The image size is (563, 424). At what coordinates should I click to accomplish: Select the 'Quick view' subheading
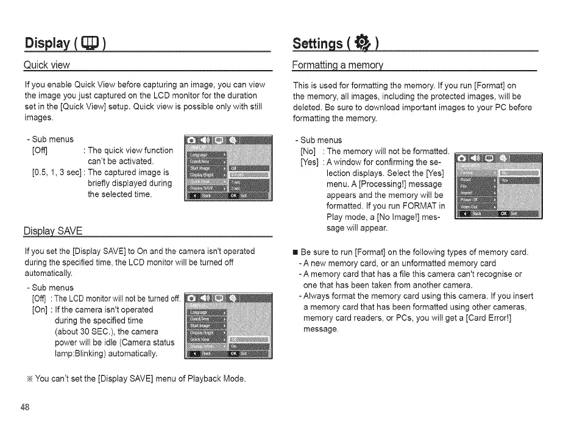point(46,65)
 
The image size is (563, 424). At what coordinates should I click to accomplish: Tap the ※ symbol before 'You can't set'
point(29,379)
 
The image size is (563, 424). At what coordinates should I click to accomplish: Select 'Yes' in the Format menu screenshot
point(505,180)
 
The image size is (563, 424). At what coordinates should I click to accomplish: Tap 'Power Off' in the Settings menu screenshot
point(470,197)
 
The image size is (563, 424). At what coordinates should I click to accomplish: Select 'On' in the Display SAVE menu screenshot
point(234,345)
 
